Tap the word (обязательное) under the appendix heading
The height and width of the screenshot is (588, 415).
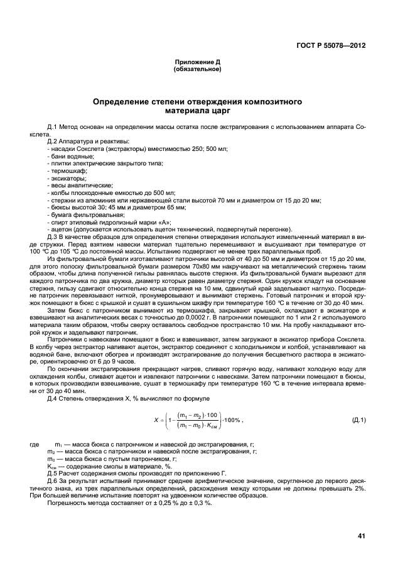[197, 69]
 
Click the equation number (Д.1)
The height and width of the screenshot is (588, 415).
[360, 420]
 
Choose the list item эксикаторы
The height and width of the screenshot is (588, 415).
[67, 178]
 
